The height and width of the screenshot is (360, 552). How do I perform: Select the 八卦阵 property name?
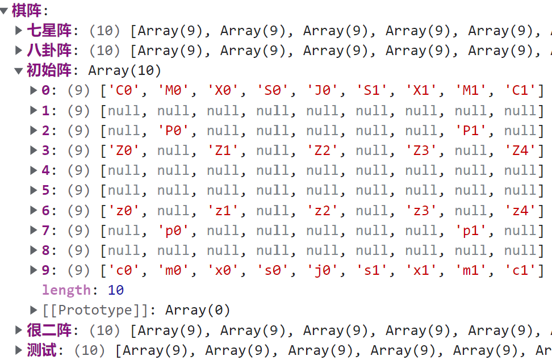point(49,50)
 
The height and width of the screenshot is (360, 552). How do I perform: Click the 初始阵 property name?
point(49,70)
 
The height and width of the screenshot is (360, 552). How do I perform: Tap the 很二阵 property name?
point(49,330)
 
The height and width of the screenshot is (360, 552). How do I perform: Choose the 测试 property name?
point(41,350)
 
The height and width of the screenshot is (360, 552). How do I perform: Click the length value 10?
point(116,290)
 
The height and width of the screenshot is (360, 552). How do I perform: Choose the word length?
point(66,290)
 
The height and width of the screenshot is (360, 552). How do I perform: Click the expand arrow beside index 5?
point(34,191)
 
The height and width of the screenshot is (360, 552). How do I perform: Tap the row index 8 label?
point(45,250)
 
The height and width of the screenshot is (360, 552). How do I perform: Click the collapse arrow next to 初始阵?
point(19,70)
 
